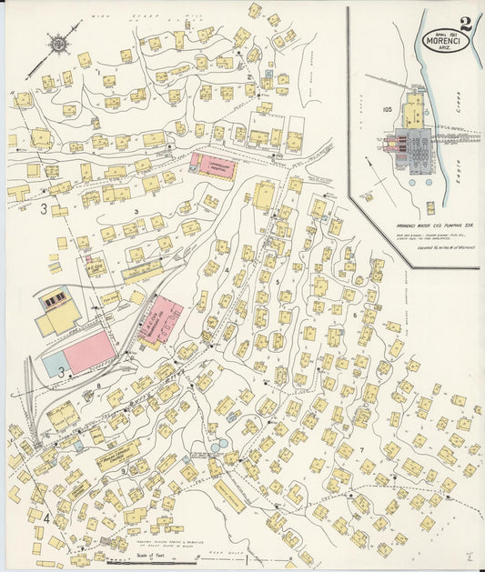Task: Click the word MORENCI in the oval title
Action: (x=442, y=39)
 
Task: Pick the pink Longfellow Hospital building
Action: (x=213, y=165)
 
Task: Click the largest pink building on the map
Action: (x=89, y=351)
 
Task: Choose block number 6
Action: (x=354, y=315)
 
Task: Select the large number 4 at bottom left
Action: (x=43, y=518)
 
